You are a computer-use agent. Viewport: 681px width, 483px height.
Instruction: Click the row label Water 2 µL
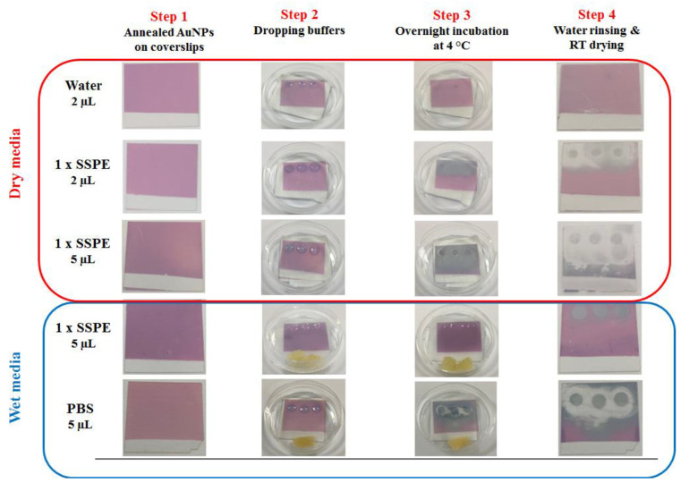[84, 94]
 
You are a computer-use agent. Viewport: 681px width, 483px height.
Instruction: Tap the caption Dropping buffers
[298, 30]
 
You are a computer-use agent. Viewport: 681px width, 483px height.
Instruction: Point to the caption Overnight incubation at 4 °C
[451, 40]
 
